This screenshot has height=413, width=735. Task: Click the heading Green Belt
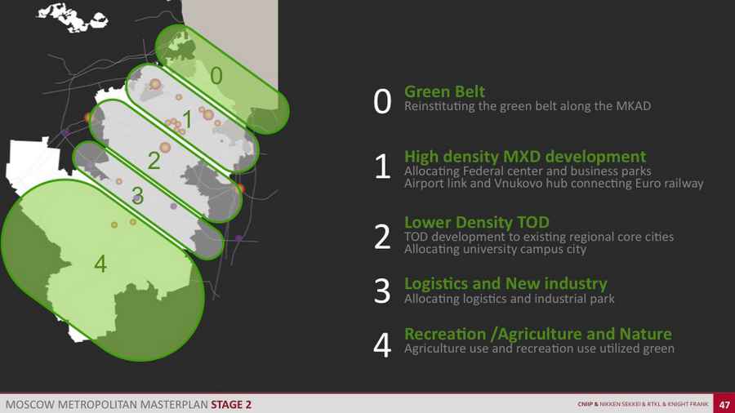click(444, 91)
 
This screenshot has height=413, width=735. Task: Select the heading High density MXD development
click(525, 157)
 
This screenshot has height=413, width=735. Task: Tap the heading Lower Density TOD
click(477, 222)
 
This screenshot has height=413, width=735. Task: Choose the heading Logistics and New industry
click(506, 283)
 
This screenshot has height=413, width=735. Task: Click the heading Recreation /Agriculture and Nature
click(538, 334)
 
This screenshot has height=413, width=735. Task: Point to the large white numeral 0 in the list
click(382, 101)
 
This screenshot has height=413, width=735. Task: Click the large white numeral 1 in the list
click(382, 167)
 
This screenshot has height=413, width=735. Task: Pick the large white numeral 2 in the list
click(382, 237)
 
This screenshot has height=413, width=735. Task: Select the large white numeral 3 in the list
click(382, 291)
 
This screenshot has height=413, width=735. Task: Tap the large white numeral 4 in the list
click(382, 345)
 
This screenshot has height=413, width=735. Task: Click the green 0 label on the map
click(216, 75)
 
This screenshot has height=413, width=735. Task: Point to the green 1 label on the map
click(188, 119)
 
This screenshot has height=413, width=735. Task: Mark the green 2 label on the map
click(154, 161)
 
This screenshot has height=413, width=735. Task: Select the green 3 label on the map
click(137, 195)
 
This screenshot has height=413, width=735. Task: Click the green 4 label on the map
click(100, 264)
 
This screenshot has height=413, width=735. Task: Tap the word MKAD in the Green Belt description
click(633, 106)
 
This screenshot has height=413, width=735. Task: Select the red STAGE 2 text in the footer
click(231, 405)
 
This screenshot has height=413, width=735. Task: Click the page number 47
click(724, 405)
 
